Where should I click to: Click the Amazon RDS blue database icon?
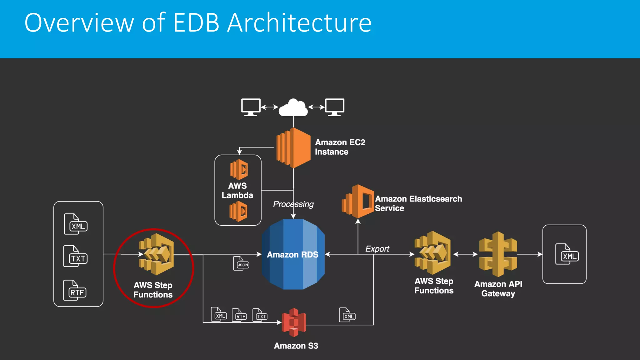[293, 254]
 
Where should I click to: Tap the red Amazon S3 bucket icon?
[293, 322]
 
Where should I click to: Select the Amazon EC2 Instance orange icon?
[293, 148]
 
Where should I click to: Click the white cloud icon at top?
[293, 108]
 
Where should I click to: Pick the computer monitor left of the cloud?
[251, 107]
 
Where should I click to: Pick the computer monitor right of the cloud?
[334, 107]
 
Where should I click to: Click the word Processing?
[293, 204]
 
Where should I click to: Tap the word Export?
[377, 249]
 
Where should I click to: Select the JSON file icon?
[241, 263]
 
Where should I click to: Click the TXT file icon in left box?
[75, 257]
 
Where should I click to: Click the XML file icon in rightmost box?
[567, 254]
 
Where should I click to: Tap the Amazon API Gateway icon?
[498, 254]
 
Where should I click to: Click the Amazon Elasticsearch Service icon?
[358, 202]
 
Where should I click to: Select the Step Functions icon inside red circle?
[156, 254]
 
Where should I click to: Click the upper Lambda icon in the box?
[239, 170]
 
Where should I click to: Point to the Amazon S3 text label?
[296, 346]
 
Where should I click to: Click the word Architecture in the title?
[299, 23]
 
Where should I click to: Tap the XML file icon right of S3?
[347, 315]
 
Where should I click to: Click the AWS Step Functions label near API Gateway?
[434, 286]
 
